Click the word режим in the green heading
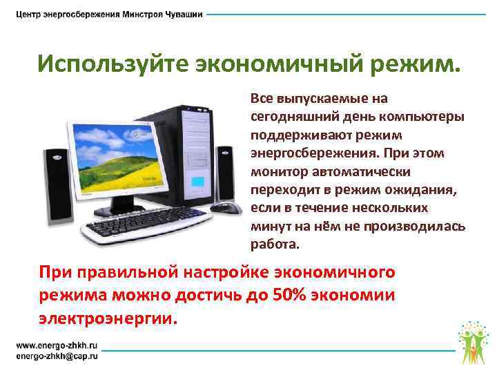coord(411,66)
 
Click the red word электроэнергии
coord(108,319)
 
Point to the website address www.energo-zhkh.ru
coord(57,344)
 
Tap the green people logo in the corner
coord(473,339)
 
